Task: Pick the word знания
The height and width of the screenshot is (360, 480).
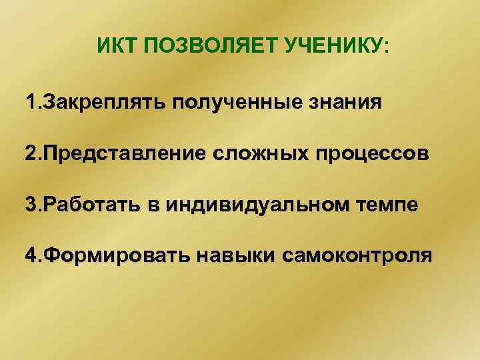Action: pyautogui.click(x=347, y=104)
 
